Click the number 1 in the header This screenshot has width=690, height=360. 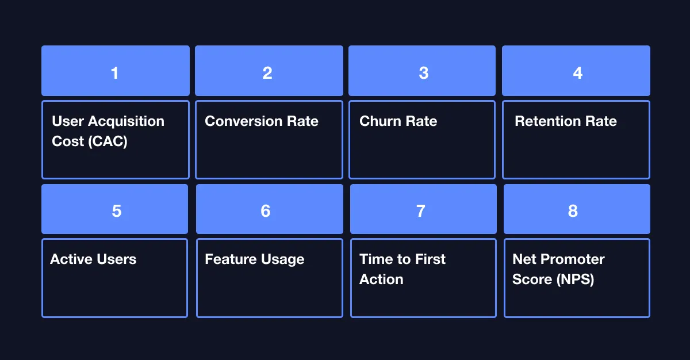point(115,73)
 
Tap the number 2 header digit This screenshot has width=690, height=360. point(267,73)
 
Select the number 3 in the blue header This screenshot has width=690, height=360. point(423,73)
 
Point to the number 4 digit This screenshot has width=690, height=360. point(577,73)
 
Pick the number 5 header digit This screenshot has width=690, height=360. point(116,211)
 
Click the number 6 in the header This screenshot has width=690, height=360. point(266,211)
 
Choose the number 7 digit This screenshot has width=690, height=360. point(420,211)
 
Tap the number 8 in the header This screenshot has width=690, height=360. point(573,211)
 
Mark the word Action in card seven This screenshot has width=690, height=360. point(381,279)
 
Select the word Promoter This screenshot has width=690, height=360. point(569,259)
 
